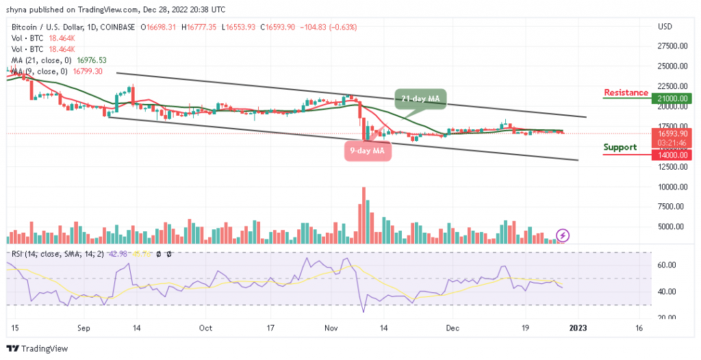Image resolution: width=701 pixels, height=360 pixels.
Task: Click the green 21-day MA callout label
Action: pyautogui.click(x=420, y=99)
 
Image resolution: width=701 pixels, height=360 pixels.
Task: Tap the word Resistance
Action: pyautogui.click(x=626, y=93)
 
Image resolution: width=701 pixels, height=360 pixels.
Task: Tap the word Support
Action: pyautogui.click(x=620, y=147)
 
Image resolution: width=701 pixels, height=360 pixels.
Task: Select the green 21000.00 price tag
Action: pyautogui.click(x=673, y=99)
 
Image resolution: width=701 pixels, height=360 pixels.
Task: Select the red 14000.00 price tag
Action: pyautogui.click(x=673, y=155)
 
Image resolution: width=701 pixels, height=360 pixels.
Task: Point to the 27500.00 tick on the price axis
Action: pyautogui.click(x=672, y=47)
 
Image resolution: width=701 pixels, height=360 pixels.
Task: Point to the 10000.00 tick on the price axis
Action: pyautogui.click(x=672, y=187)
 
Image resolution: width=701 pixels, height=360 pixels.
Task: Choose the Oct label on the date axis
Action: pyautogui.click(x=205, y=328)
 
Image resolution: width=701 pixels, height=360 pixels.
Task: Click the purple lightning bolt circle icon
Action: pyautogui.click(x=563, y=235)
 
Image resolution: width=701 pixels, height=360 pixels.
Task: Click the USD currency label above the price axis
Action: pyautogui.click(x=665, y=27)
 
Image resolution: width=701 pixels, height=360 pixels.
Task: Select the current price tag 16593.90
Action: pyautogui.click(x=673, y=133)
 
